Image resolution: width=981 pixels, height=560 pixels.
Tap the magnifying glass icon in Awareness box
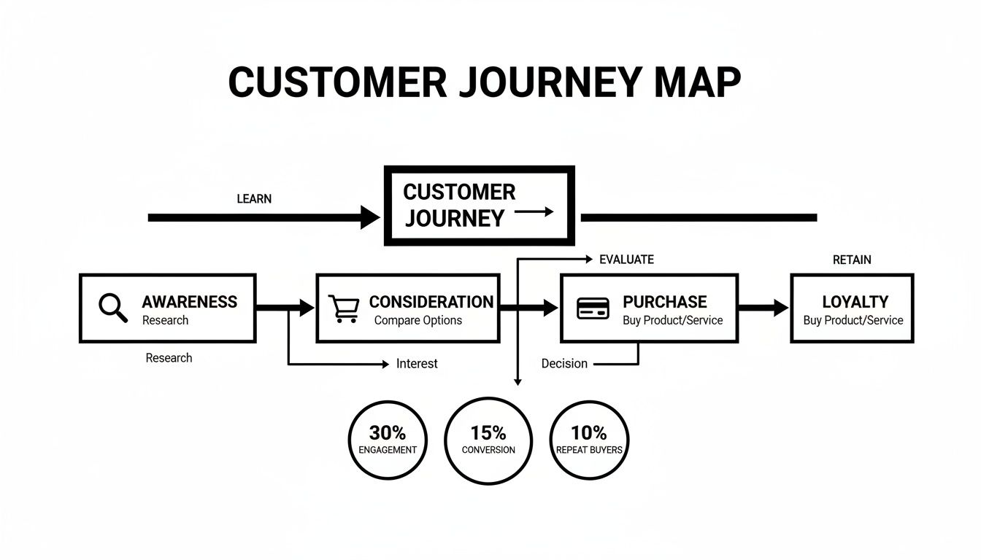[x=112, y=308]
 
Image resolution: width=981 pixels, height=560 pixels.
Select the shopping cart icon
[x=344, y=308]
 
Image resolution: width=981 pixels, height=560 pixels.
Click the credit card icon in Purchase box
[x=593, y=308]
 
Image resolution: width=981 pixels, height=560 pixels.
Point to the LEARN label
[x=254, y=199]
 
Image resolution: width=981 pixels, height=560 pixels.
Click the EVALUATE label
[x=626, y=260]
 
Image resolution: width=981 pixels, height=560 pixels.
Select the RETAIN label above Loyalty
[x=852, y=260]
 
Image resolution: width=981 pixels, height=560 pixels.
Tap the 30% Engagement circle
[x=388, y=440]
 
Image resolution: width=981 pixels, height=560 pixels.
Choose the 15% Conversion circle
[x=488, y=440]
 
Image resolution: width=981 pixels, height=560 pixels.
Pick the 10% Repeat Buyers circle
[x=589, y=440]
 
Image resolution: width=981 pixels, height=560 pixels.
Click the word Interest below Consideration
[x=417, y=363]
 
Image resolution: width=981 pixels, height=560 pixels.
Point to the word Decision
[x=564, y=363]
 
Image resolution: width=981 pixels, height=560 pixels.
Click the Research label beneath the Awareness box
[x=169, y=358]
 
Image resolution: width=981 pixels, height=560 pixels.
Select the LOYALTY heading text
[x=855, y=302]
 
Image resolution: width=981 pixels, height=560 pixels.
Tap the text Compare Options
[x=418, y=321]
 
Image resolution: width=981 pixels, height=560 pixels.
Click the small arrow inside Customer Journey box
[x=534, y=212]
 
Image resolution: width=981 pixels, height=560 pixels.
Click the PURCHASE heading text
[x=664, y=302]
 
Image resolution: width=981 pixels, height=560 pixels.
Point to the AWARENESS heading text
[x=189, y=302]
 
